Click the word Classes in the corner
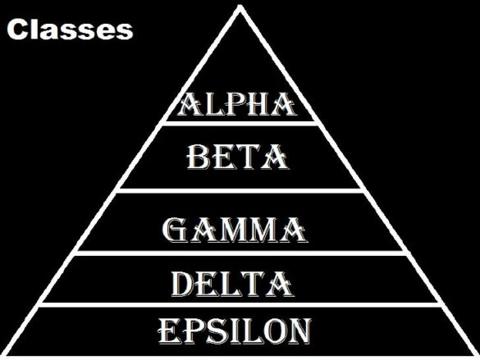click(x=70, y=30)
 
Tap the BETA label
click(x=237, y=157)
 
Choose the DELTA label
click(x=232, y=284)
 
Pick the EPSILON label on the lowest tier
click(x=234, y=330)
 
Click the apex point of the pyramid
click(x=240, y=7)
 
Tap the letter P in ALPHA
click(x=234, y=106)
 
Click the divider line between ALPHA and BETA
click(x=238, y=124)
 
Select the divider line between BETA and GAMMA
click(x=238, y=190)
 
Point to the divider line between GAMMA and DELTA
click(x=238, y=254)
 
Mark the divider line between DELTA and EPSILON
click(x=238, y=304)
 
